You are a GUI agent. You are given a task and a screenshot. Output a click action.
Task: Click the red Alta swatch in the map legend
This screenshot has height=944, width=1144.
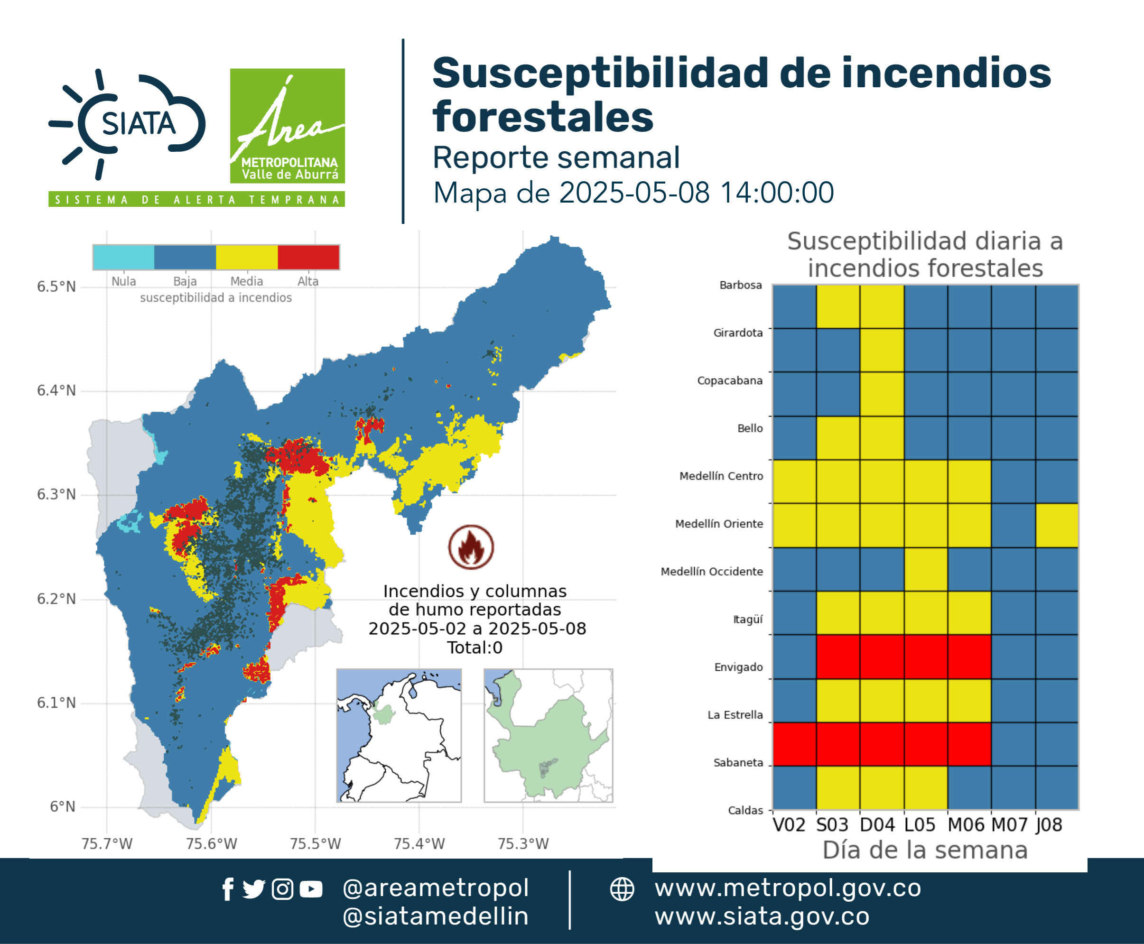tap(308, 257)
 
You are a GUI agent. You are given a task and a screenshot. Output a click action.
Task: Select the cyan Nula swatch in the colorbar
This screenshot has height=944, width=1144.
tap(123, 257)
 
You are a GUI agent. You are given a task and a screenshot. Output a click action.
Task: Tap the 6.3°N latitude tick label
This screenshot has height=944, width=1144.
tap(56, 494)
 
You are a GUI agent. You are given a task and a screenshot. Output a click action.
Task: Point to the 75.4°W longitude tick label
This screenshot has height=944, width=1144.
tap(419, 843)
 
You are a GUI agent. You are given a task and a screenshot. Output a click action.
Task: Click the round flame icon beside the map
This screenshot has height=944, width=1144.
tap(471, 547)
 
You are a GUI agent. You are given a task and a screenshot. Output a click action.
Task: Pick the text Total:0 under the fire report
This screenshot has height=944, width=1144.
tap(475, 648)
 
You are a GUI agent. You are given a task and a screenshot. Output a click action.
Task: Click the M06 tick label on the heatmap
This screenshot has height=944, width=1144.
tap(966, 825)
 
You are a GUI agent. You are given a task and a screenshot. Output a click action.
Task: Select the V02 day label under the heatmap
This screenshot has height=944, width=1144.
tap(789, 825)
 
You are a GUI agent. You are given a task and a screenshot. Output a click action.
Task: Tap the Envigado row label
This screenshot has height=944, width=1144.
tap(738, 667)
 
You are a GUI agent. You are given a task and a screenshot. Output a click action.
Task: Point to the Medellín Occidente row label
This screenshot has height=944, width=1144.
tap(712, 572)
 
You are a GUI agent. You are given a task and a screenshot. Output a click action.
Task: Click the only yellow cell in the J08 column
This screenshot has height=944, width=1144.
tap(1057, 525)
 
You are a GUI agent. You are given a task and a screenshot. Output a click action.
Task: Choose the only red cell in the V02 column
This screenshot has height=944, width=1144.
tap(794, 744)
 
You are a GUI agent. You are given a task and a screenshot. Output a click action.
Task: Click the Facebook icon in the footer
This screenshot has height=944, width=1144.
tap(228, 889)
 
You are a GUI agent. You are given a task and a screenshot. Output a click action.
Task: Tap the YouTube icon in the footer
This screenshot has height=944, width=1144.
tap(311, 889)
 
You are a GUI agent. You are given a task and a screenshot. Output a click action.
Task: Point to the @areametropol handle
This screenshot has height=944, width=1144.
tap(435, 888)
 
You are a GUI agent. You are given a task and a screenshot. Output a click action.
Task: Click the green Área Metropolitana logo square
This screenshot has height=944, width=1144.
tap(287, 126)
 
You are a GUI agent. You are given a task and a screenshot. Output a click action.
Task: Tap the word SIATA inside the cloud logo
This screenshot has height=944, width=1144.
tap(139, 124)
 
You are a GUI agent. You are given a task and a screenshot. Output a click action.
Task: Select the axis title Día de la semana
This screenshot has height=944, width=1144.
tap(925, 850)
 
